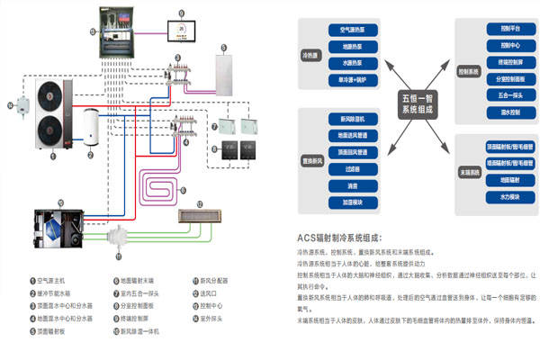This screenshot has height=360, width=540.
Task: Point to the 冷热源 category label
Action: point(310,55)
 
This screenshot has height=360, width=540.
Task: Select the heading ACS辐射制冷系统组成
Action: point(345,238)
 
